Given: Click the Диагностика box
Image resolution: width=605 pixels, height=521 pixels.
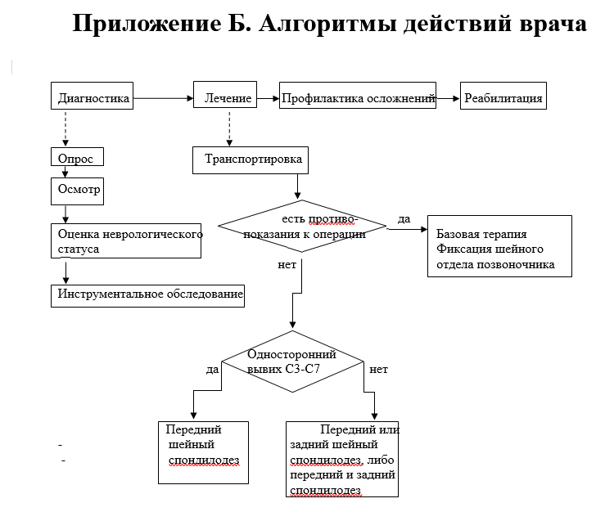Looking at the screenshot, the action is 92,96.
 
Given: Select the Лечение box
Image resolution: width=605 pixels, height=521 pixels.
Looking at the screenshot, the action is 225,94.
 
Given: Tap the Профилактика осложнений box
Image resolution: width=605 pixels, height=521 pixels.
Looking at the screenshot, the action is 358,95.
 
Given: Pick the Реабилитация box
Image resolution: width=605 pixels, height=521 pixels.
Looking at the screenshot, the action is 503,96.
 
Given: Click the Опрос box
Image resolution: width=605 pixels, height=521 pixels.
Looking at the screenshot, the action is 77,156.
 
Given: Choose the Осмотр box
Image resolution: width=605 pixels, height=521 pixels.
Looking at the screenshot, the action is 77,191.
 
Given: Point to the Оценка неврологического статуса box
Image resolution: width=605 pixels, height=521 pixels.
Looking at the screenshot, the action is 126,240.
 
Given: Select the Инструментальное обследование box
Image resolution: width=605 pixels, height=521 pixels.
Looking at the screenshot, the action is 147,296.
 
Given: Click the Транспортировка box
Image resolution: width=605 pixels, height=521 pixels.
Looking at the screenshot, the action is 251,160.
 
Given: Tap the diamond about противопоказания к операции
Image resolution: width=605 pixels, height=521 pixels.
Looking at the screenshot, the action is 302,227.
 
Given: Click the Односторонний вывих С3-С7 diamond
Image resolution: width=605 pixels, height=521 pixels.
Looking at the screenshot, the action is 292,362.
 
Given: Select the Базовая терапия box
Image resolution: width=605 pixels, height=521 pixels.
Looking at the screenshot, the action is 499,246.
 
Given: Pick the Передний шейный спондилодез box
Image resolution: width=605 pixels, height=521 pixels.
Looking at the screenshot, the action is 203,453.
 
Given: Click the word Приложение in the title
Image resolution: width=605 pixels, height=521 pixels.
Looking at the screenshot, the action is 147,24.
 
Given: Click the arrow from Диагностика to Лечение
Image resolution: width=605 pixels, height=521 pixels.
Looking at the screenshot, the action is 163,98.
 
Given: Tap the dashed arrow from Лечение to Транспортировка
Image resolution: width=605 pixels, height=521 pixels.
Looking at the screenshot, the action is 229,129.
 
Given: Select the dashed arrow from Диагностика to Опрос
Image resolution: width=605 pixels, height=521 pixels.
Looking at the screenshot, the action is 65,129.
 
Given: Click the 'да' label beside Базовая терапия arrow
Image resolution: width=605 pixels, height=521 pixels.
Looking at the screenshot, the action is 404,219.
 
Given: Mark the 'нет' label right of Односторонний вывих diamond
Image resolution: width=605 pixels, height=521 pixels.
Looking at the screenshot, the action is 378,369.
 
